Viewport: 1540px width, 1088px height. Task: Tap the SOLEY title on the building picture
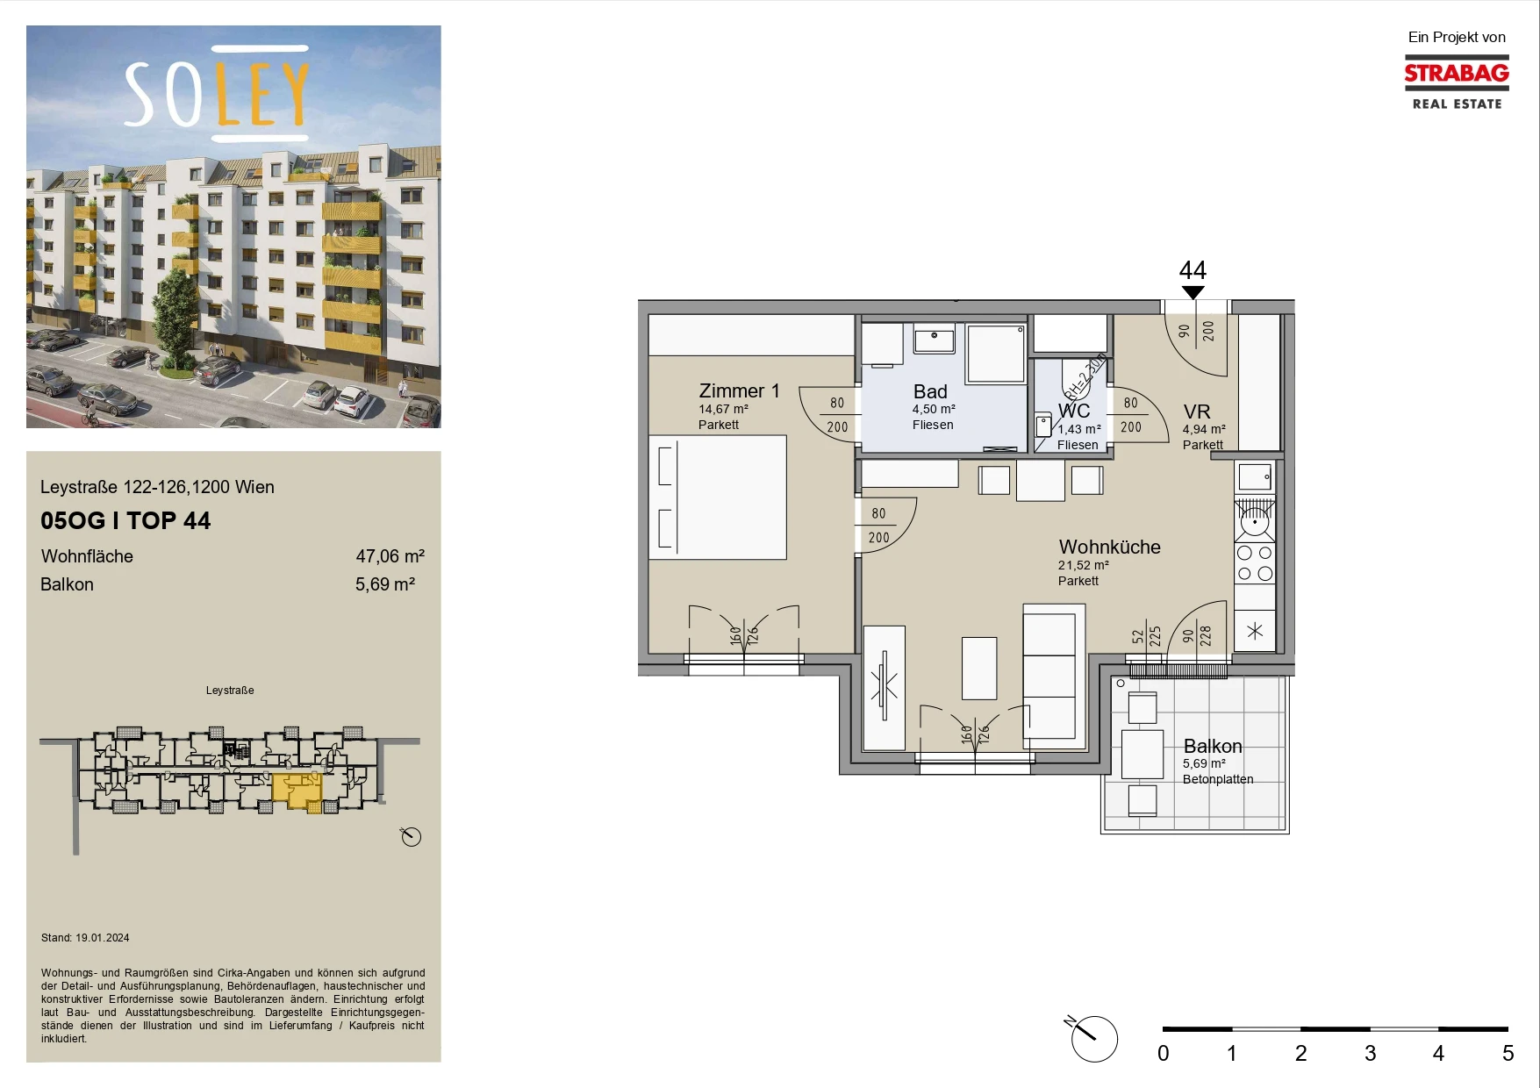217,94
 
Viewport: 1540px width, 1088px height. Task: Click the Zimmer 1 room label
739,391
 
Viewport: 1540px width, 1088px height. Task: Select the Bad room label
930,391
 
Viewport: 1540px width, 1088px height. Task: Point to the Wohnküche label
1109,547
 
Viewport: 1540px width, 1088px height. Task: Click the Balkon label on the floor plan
1213,746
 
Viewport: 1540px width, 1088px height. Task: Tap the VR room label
1197,412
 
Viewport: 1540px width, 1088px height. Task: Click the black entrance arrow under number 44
1193,292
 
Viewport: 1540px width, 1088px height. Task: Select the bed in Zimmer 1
718,497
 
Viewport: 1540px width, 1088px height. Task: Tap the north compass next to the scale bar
1093,1039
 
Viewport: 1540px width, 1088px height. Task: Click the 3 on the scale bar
1370,1053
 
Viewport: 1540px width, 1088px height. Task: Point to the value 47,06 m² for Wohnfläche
390,556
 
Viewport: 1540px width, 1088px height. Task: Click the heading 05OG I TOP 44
125,520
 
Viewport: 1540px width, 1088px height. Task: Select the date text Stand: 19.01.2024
85,938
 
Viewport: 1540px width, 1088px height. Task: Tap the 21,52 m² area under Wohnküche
1083,566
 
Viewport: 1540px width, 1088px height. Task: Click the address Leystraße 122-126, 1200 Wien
157,487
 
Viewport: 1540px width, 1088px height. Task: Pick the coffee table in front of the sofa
979,668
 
